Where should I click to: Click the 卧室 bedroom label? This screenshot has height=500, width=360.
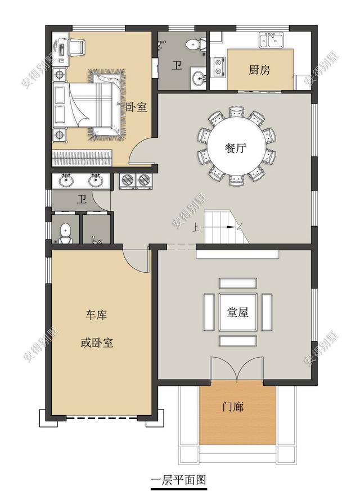click(x=136, y=107)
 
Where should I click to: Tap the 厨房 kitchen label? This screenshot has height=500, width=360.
click(x=259, y=70)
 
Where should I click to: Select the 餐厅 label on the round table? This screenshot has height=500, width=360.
click(x=236, y=149)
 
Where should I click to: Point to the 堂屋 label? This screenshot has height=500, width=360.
click(x=238, y=313)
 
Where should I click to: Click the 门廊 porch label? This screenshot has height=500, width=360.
click(x=233, y=406)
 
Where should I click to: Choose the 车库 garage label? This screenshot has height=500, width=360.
click(x=96, y=315)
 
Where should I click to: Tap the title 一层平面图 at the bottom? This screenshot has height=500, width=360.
click(x=179, y=480)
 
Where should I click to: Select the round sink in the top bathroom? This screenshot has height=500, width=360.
click(x=197, y=78)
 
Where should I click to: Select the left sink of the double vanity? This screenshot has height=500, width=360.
click(x=66, y=181)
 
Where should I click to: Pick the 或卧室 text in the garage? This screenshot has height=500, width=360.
click(x=97, y=342)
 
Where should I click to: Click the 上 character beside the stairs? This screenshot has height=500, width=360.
click(x=195, y=228)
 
